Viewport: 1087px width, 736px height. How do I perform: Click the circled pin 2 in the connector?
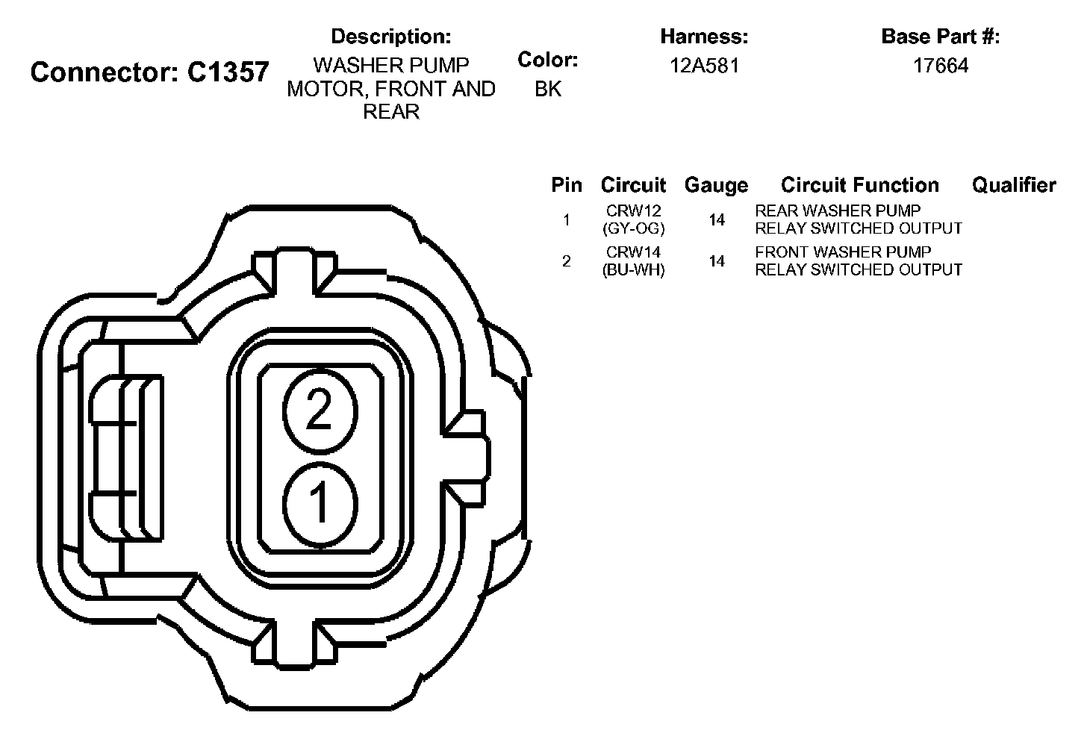pos(320,411)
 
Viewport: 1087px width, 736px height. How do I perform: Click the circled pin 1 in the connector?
pos(320,505)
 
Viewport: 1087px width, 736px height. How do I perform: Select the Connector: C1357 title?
pos(149,72)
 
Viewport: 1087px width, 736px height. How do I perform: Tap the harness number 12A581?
pos(705,66)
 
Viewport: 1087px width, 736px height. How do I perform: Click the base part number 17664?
pos(941,66)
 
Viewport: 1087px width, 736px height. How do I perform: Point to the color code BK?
pos(548,89)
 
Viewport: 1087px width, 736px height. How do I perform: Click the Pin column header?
pos(567,185)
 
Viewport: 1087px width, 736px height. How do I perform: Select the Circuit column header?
pos(633,185)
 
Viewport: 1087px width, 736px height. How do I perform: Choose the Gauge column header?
pos(716,185)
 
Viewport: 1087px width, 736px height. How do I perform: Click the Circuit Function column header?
pos(860,185)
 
